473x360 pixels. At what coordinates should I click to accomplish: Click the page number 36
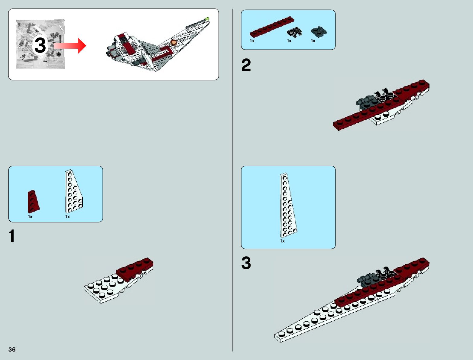point(12,349)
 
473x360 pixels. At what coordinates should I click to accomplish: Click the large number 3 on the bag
point(40,46)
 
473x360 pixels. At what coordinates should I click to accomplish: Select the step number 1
point(12,236)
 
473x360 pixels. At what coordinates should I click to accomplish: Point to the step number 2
point(246,65)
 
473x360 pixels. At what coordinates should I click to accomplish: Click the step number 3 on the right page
point(246,263)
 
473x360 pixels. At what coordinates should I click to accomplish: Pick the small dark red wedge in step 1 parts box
point(33,201)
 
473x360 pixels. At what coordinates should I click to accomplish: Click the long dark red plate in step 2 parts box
point(272,27)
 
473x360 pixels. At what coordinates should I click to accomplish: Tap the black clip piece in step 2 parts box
point(294,31)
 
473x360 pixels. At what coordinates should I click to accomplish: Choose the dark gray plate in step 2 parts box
point(319,31)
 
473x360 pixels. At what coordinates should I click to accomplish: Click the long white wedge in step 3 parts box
point(288,206)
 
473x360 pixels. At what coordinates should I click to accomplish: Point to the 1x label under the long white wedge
point(282,241)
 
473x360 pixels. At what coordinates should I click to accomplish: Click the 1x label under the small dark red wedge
point(30,217)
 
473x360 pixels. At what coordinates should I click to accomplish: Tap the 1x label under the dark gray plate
point(313,41)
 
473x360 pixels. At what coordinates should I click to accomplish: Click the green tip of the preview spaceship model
point(207,19)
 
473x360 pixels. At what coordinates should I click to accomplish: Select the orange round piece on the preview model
point(173,42)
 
